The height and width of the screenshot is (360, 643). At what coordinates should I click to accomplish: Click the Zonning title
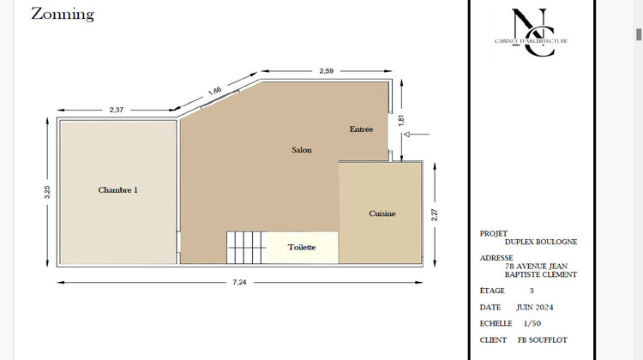coord(63,15)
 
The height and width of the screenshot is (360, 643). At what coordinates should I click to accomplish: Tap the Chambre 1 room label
coord(118,190)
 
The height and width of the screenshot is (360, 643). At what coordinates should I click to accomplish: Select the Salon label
coord(302,150)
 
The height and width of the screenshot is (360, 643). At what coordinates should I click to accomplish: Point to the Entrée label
coord(361,129)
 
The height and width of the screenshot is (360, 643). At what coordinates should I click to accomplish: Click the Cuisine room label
coord(382,213)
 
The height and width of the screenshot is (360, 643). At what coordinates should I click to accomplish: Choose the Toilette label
coord(302,248)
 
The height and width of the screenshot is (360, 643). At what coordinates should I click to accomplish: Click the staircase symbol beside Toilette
coord(245,248)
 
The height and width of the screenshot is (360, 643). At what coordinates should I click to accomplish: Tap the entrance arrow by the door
coord(418,135)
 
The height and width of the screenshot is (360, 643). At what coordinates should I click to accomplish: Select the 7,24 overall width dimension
coord(240,283)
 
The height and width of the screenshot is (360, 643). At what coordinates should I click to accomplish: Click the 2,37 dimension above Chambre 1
coord(117,109)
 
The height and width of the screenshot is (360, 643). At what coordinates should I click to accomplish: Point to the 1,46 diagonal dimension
coord(215,90)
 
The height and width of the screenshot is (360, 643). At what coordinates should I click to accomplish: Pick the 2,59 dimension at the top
coord(327,71)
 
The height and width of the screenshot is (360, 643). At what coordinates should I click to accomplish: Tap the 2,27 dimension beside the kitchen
coord(435,214)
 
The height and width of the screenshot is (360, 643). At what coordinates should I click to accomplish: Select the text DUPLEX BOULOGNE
coord(541,242)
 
